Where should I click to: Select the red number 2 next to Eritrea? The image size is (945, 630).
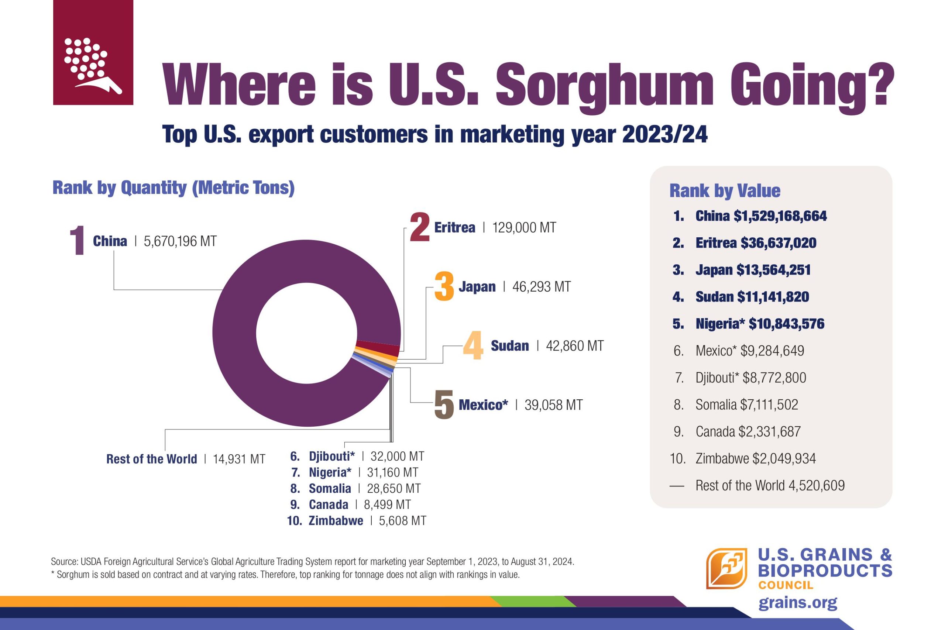point(419,227)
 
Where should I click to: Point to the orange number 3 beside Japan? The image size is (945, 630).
point(444,286)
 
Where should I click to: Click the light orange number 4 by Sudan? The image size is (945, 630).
point(473,345)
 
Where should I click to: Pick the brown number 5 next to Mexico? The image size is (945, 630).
point(444,404)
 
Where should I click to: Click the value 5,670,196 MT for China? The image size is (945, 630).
point(180,241)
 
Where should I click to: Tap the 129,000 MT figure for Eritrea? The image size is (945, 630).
point(524,228)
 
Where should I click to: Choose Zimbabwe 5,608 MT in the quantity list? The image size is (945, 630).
point(356,521)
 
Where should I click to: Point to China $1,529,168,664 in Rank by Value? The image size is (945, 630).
point(760,216)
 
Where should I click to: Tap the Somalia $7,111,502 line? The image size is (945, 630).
point(746,404)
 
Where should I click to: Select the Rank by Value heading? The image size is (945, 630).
point(724,190)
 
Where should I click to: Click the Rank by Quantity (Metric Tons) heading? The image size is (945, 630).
point(173,187)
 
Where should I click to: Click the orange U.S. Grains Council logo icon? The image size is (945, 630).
point(726,568)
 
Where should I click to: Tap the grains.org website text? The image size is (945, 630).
point(798,603)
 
